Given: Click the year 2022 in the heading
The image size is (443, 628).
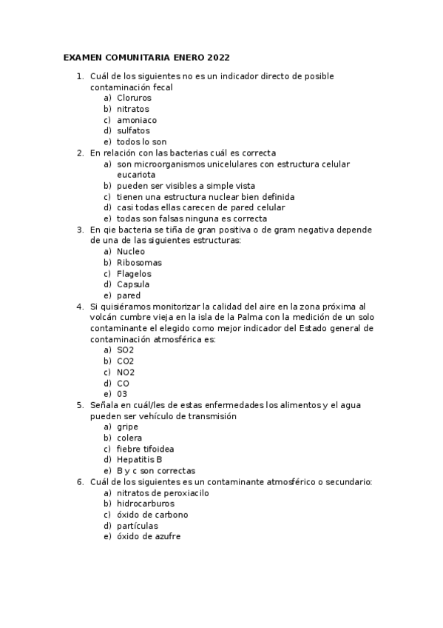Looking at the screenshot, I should pyautogui.click(x=219, y=57).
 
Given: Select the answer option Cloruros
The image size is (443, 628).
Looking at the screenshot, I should pyautogui.click(x=134, y=98).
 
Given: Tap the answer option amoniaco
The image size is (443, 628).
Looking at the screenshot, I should pyautogui.click(x=137, y=120).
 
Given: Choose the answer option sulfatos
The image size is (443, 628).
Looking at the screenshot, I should pyautogui.click(x=133, y=131).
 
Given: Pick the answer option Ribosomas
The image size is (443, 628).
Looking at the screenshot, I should pyautogui.click(x=139, y=262).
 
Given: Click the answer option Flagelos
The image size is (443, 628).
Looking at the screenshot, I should pyautogui.click(x=134, y=273).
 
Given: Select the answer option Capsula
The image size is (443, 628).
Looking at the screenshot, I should pyautogui.click(x=133, y=284).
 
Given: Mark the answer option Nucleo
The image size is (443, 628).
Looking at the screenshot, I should pyautogui.click(x=132, y=252).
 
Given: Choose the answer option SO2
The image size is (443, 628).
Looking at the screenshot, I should pyautogui.click(x=126, y=350).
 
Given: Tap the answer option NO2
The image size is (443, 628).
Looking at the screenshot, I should pyautogui.click(x=126, y=372).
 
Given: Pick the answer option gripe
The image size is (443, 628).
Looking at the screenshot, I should pyautogui.click(x=128, y=427).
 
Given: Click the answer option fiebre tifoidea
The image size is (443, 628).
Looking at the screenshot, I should pyautogui.click(x=146, y=449).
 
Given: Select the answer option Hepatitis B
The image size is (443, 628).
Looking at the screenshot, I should pyautogui.click(x=139, y=460).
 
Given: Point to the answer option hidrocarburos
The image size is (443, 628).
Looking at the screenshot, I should pyautogui.click(x=146, y=504).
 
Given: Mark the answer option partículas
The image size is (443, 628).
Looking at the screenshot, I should pyautogui.click(x=138, y=526).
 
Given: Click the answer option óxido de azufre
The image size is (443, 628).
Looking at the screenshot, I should pyautogui.click(x=149, y=537).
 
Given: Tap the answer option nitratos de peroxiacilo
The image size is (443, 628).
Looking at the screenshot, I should pyautogui.click(x=163, y=492).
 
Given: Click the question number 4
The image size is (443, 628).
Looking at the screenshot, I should pyautogui.click(x=79, y=307).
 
